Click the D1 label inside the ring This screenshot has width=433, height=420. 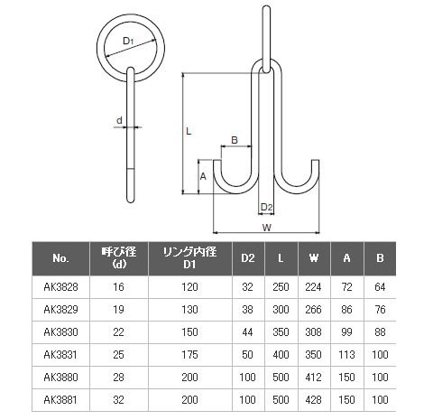128,41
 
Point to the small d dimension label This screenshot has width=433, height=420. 119,120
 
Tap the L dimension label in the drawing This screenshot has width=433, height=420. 189,131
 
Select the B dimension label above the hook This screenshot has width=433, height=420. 235,140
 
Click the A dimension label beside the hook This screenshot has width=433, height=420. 203,176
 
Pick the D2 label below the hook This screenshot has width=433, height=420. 266,207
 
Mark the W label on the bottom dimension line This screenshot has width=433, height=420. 267,228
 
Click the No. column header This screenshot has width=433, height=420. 60,258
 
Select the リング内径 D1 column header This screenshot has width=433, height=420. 189,258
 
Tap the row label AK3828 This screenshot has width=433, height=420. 60,287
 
